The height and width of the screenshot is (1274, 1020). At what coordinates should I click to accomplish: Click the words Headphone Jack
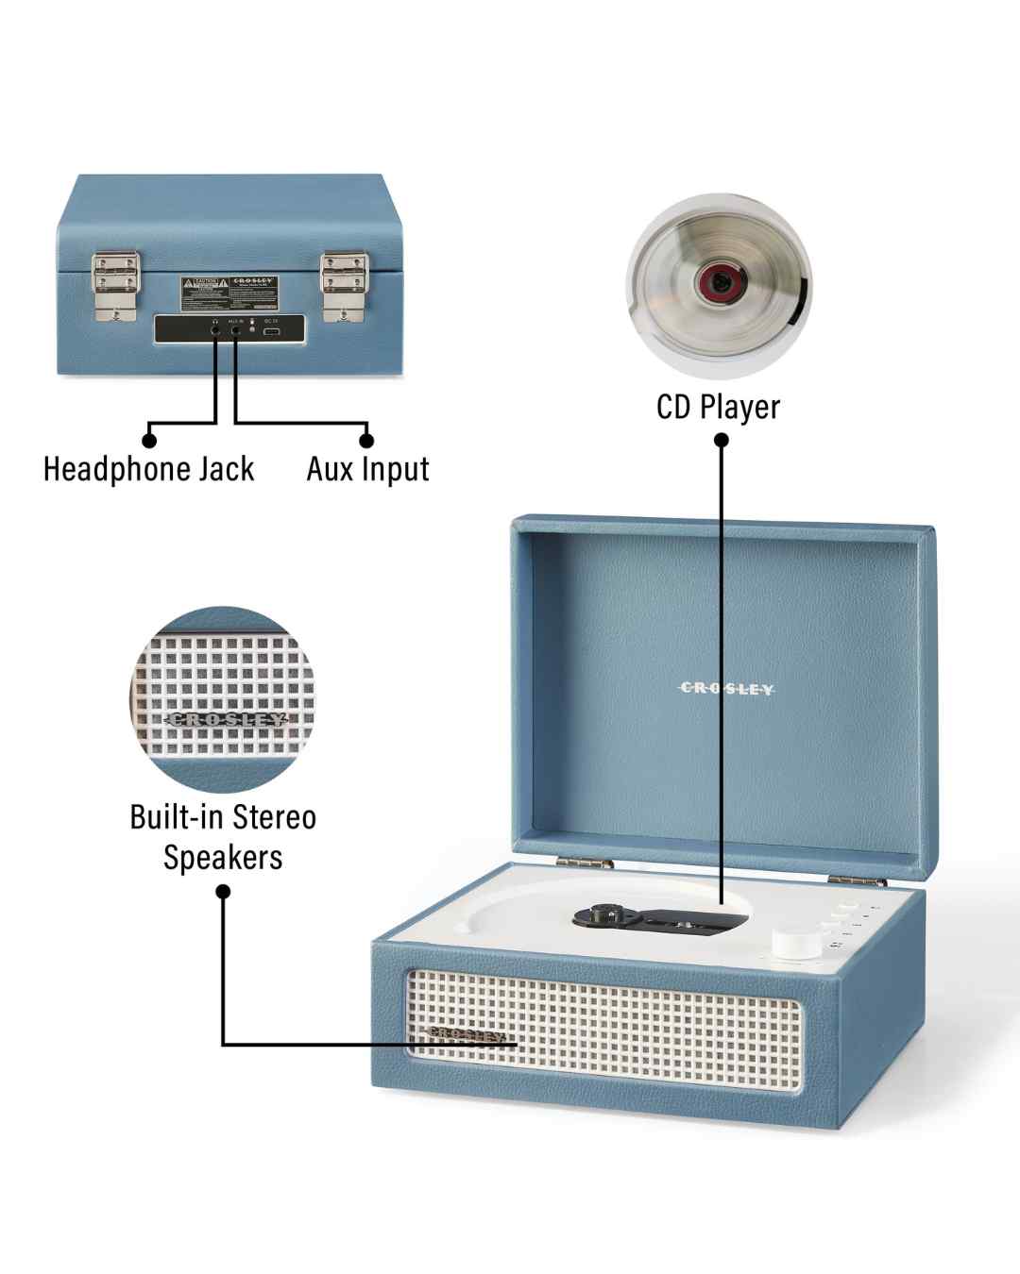(149, 469)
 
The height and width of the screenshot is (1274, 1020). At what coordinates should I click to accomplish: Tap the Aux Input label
(367, 469)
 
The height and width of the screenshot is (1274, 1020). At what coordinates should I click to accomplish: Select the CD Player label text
(718, 408)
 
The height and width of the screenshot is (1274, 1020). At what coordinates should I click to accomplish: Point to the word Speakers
(223, 858)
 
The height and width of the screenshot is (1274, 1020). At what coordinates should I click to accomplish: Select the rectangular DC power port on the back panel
(271, 331)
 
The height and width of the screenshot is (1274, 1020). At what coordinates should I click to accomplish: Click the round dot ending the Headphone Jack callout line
(149, 440)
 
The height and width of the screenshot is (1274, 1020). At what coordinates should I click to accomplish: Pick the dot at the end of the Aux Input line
(366, 440)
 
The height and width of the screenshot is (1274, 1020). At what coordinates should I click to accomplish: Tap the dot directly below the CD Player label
(721, 440)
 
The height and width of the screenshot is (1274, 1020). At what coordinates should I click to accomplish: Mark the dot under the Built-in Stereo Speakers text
(224, 891)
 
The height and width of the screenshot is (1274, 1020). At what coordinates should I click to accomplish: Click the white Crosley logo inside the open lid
(726, 689)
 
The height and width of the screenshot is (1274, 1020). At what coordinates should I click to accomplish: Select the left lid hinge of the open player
(571, 862)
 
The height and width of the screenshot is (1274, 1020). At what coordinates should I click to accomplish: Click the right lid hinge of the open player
(857, 880)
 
